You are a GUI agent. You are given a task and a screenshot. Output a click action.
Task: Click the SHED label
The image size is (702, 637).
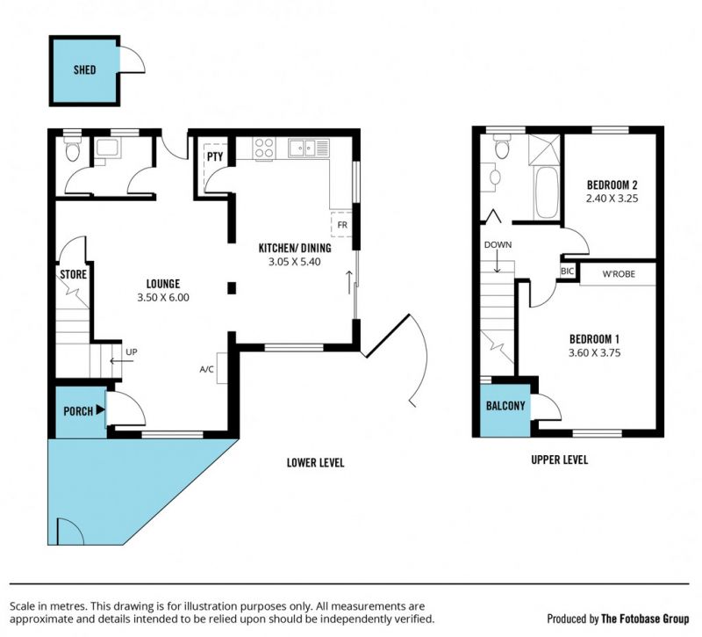pos(84,69)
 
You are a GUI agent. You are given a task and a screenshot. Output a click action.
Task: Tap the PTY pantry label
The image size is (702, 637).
pos(215,157)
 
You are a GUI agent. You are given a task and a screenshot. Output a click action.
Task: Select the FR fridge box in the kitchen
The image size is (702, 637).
pos(341,224)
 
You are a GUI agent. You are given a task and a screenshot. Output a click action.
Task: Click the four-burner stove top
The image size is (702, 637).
pos(264,148)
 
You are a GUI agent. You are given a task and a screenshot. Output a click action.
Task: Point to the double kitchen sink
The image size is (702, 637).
pos(309,148)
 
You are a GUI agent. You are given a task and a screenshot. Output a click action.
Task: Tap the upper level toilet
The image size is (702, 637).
pos(502,146)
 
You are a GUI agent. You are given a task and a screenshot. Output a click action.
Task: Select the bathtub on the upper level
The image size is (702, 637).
pos(546,192)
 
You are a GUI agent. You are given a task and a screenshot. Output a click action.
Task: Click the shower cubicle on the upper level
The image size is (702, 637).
pos(544,149)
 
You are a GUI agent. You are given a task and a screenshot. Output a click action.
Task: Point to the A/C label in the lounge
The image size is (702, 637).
pos(206,369)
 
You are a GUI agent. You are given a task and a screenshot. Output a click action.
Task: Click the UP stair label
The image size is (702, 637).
pos(131,352)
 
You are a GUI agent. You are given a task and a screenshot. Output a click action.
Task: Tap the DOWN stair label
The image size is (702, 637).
pos(498,245)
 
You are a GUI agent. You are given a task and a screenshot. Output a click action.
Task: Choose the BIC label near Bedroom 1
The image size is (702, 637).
pos(567,271)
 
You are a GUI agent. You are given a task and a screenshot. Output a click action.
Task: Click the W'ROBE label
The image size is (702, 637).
pos(619,273)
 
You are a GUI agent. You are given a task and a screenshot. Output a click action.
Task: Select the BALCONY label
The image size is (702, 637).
pos(505,406)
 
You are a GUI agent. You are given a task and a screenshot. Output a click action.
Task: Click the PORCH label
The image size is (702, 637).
pos(78,411)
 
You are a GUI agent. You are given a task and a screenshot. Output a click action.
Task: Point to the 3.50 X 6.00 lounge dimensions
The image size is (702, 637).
pos(163,297)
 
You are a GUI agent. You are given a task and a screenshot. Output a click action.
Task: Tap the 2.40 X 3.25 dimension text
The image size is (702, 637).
pos(612,199)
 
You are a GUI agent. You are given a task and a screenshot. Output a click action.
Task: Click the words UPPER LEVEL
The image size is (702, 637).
pos(560,460)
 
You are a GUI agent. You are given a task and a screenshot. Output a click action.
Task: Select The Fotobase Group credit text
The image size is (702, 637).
pos(645,619)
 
